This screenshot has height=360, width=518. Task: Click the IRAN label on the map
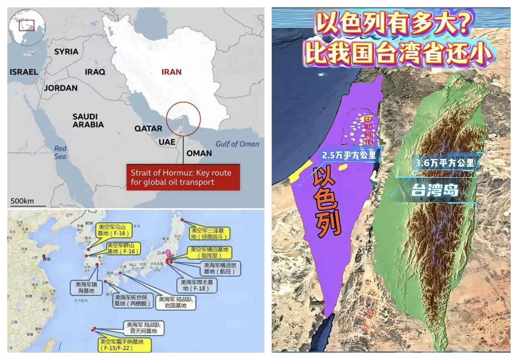click(171, 72)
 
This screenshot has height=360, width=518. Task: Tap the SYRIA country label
click(66, 51)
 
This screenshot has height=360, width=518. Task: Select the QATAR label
click(148, 129)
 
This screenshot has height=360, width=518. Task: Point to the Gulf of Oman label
click(237, 144)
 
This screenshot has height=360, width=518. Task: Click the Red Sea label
click(60, 152)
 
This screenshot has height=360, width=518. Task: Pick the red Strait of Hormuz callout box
click(183, 177)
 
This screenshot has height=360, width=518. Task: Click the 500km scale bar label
click(22, 201)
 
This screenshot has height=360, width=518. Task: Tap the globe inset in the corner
click(27, 27)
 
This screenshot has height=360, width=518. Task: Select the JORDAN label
click(61, 88)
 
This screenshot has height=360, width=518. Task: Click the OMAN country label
click(199, 153)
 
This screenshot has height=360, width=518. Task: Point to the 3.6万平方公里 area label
click(447, 163)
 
